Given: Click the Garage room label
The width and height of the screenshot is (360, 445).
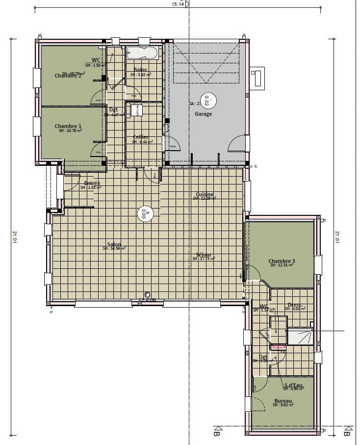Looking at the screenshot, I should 204,114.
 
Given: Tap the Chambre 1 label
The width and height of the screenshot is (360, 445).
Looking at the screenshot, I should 68,126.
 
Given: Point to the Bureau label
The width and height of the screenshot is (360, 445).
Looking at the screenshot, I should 283,400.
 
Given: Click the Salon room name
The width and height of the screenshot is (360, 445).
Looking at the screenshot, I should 114,244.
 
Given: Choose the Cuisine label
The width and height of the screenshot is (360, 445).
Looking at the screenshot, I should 205,194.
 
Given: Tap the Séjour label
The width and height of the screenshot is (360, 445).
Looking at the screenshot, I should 204,255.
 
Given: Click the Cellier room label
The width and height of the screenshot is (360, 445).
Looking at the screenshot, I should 141,137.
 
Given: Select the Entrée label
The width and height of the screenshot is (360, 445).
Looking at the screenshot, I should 92,183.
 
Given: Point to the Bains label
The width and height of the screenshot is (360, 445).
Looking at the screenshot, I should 141,70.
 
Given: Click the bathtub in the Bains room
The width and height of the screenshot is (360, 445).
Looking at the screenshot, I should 142,53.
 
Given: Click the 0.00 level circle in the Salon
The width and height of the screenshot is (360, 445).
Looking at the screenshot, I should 146,213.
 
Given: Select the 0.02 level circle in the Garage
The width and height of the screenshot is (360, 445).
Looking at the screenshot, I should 206,101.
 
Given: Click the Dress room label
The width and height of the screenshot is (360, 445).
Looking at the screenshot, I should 294,305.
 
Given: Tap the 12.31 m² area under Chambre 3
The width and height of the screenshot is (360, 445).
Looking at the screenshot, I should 282,265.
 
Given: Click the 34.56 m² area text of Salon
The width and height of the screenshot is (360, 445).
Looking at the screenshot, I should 114,249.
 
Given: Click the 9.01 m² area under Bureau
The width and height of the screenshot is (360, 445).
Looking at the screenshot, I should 283,405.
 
